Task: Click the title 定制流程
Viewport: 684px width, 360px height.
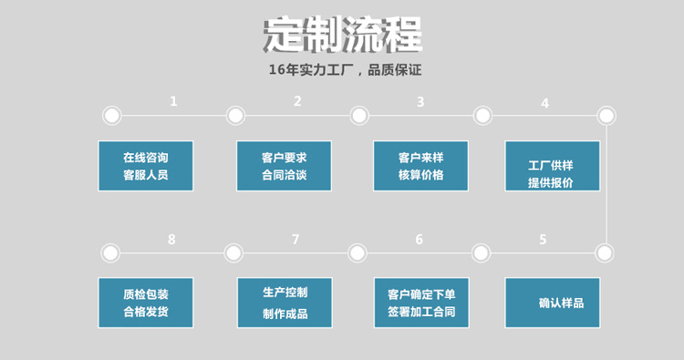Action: [342, 36]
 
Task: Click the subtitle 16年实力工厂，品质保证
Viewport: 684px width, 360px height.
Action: [342, 70]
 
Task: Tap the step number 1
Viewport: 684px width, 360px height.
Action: [173, 101]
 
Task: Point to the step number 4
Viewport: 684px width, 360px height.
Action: [544, 103]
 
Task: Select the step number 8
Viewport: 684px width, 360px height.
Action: [171, 240]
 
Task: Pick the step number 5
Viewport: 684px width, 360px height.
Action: [543, 240]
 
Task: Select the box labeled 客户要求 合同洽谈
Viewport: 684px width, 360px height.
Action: [284, 166]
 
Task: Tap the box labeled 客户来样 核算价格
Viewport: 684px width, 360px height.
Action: [420, 166]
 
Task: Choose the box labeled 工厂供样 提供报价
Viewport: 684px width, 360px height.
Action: [552, 166]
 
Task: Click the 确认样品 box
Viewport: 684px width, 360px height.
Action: [552, 303]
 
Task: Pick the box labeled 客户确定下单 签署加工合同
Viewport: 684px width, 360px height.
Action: [420, 303]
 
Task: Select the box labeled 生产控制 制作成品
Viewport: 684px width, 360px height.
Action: [284, 303]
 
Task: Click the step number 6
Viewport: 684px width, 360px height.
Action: [419, 240]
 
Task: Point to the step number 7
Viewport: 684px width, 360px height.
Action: [295, 240]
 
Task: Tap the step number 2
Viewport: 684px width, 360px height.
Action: [297, 101]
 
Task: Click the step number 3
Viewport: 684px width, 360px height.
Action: [420, 101]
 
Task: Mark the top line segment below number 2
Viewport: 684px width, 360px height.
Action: [297, 116]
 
